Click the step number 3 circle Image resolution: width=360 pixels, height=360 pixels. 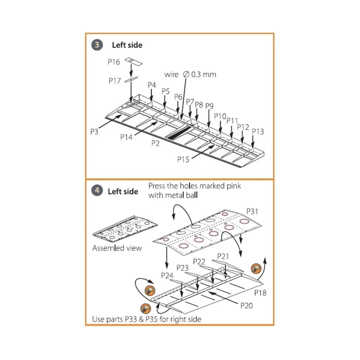(x=97, y=45)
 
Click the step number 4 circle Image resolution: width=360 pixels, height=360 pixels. (x=97, y=191)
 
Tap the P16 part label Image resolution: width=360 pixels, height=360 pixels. (x=114, y=62)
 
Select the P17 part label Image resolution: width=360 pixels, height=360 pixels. (x=115, y=81)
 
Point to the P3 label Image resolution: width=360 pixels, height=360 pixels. (x=94, y=132)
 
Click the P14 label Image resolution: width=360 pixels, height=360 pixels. (x=126, y=137)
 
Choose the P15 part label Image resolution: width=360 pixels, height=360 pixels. (x=183, y=159)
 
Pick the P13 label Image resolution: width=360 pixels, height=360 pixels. (x=258, y=131)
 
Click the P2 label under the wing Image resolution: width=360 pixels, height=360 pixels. (x=155, y=143)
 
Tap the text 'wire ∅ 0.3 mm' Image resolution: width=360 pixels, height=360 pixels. (x=190, y=74)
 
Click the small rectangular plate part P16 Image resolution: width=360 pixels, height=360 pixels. (x=133, y=61)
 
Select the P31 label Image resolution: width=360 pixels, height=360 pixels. (x=252, y=211)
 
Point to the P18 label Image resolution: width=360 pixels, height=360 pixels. (x=260, y=293)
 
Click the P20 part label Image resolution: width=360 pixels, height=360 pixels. (x=247, y=306)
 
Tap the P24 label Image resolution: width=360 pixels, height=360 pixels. (x=167, y=275)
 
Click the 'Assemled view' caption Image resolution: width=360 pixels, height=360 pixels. (x=117, y=248)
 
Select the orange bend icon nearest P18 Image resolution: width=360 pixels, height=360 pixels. (x=256, y=268)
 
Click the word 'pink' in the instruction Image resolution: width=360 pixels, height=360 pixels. (x=233, y=186)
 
